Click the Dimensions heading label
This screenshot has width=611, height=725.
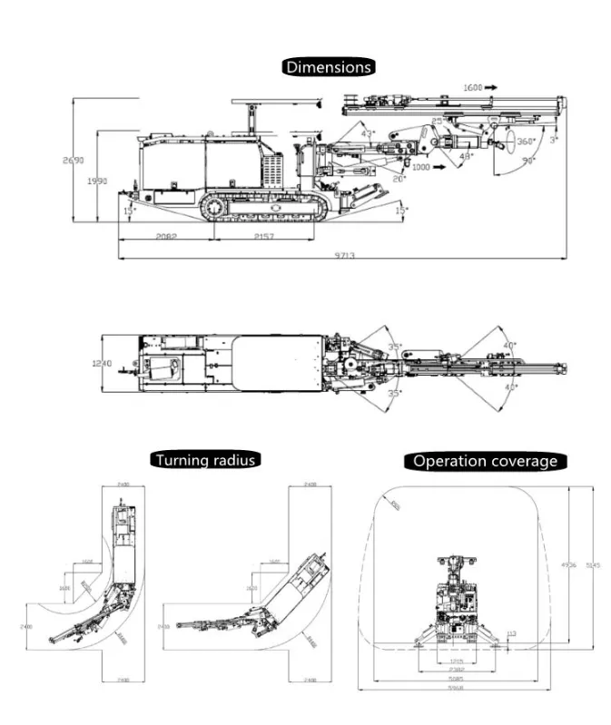tap(329, 66)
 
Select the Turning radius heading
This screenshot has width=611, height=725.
tap(205, 460)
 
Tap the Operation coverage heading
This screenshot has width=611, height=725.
tap(485, 461)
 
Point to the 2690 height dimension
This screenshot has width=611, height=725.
tap(74, 161)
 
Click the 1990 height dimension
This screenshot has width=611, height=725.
tap(97, 181)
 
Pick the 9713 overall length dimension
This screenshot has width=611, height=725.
tap(344, 255)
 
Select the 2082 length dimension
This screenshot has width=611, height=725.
tap(165, 236)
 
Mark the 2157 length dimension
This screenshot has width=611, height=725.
tap(263, 236)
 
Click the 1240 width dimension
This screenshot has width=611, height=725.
tap(101, 363)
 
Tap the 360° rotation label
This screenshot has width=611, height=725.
tap(527, 142)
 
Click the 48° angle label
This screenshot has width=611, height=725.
tap(467, 156)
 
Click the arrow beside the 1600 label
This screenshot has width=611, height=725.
tap(490, 87)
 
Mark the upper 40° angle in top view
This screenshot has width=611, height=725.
tap(509, 345)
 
